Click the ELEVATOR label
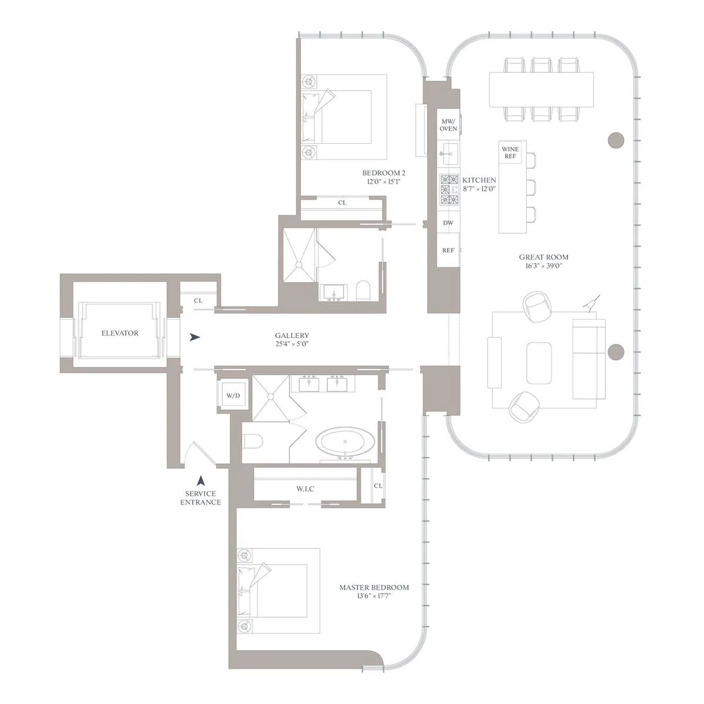click(x=120, y=333)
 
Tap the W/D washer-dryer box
click(x=233, y=396)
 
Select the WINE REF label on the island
click(x=510, y=153)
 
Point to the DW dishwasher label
click(x=448, y=223)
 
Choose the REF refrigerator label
click(x=448, y=251)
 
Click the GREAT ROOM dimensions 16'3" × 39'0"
click(x=543, y=266)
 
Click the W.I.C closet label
click(x=305, y=489)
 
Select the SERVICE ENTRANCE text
click(x=201, y=498)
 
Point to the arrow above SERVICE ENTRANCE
click(x=201, y=480)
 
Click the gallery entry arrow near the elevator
click(x=195, y=337)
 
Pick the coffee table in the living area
click(x=540, y=363)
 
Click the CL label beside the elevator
click(x=198, y=301)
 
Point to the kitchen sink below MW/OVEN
click(x=449, y=156)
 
